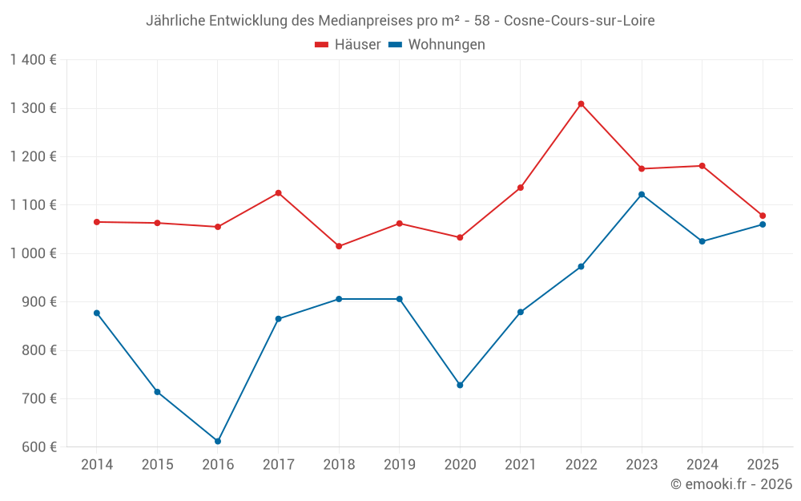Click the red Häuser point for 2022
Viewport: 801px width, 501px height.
581,104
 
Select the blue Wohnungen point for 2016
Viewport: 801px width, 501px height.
218,442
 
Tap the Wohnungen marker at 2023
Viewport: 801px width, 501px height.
642,195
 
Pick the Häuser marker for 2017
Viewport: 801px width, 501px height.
278,193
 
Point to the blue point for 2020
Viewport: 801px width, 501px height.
460,386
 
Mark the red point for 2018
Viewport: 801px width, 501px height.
339,246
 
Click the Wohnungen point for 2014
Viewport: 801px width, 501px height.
97,313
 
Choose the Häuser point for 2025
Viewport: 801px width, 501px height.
763,216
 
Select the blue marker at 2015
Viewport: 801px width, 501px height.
157,392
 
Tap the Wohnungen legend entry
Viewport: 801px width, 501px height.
437,45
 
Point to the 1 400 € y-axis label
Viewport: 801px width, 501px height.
33,60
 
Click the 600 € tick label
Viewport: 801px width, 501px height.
38,447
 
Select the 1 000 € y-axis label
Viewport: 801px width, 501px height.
33,253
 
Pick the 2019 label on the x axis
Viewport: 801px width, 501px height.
399,465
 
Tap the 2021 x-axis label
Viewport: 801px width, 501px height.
521,465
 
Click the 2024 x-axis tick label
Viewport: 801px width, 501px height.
702,465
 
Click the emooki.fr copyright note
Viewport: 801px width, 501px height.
731,484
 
